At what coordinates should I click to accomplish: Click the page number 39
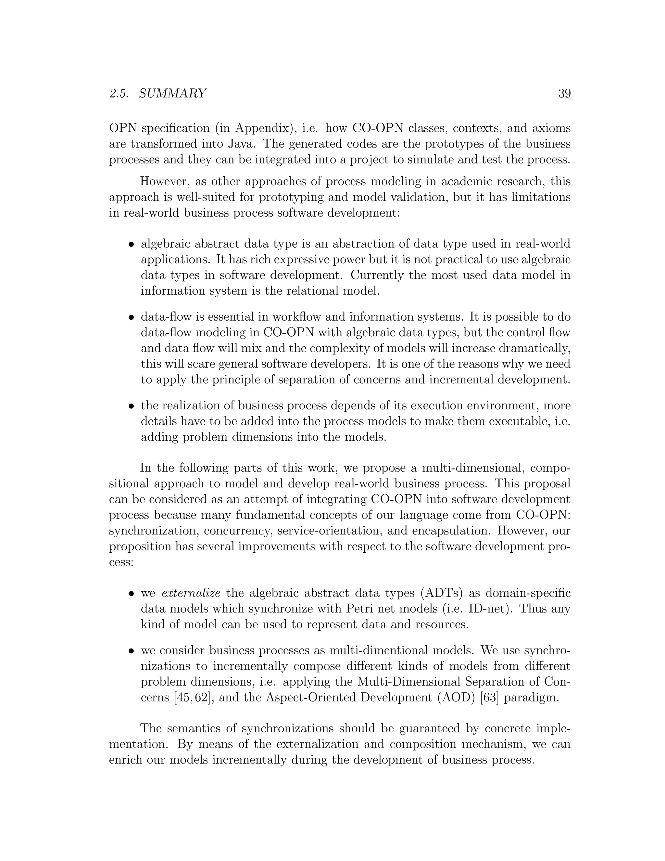(564, 94)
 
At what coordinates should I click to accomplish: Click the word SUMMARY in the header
(172, 94)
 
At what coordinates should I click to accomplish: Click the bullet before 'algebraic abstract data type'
(132, 244)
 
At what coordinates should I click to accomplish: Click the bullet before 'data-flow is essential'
(132, 317)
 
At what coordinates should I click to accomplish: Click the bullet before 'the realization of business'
(132, 406)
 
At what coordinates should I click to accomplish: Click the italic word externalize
(191, 593)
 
